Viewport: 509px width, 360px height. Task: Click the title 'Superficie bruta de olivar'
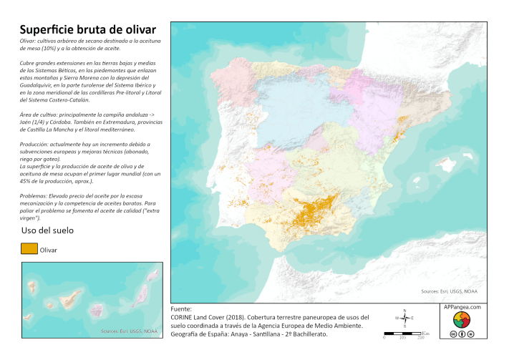tap(87, 29)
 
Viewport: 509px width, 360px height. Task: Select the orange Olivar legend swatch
tap(29, 249)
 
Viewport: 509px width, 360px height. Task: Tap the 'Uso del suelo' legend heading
tap(47, 230)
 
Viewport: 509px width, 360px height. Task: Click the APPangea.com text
tap(462, 306)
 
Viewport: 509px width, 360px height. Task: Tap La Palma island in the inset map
tap(40, 293)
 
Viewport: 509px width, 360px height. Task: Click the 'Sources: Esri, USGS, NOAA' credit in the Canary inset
tap(129, 331)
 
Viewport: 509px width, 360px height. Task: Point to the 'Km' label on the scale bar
tap(425, 333)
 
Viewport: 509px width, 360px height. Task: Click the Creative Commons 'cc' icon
tap(452, 334)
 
